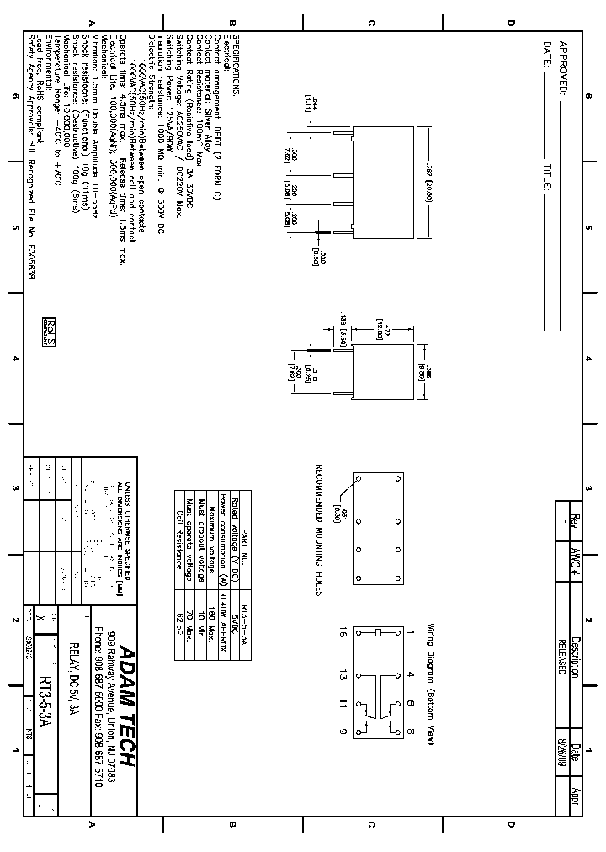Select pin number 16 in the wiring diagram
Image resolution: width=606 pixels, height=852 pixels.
[x=343, y=632]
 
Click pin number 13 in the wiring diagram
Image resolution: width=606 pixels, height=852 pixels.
[x=343, y=674]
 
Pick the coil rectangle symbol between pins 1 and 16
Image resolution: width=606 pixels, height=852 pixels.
[x=378, y=632]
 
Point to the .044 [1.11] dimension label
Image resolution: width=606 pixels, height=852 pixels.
[x=308, y=104]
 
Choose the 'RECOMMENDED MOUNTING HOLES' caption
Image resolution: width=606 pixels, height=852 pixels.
[x=320, y=530]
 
